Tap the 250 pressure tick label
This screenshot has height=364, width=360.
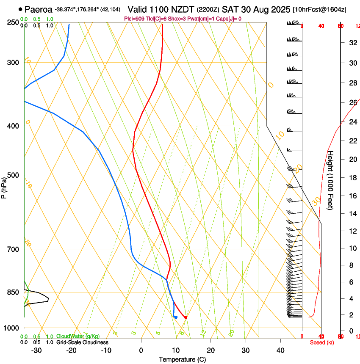[x=13, y=22]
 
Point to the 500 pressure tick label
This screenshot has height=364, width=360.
[x=13, y=175]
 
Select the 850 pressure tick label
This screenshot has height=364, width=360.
[x=13, y=292]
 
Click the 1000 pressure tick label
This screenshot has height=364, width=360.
[x=11, y=328]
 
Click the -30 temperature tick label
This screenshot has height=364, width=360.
[x=36, y=350]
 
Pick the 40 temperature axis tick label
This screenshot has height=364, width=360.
[x=280, y=350]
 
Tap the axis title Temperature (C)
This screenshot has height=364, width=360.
[x=182, y=359]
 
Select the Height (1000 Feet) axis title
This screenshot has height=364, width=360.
[x=331, y=180]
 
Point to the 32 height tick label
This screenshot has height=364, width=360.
[x=352, y=42]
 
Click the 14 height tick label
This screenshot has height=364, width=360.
[x=352, y=214]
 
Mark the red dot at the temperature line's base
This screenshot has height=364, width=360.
[x=186, y=317]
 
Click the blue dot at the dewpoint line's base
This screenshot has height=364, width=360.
[x=176, y=317]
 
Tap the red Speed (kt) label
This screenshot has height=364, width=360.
[x=322, y=342]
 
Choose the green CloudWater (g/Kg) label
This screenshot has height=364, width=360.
[x=78, y=336]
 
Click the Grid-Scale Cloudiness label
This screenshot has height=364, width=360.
[x=82, y=342]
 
